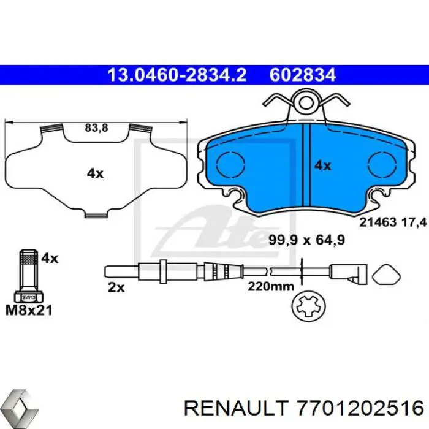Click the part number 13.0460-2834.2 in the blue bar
pos(177,75)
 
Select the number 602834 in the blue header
pos(303,75)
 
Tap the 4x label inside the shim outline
pos(95,173)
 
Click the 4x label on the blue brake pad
pos(322,165)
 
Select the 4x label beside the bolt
pos(50,258)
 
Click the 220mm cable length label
pos(271,286)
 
